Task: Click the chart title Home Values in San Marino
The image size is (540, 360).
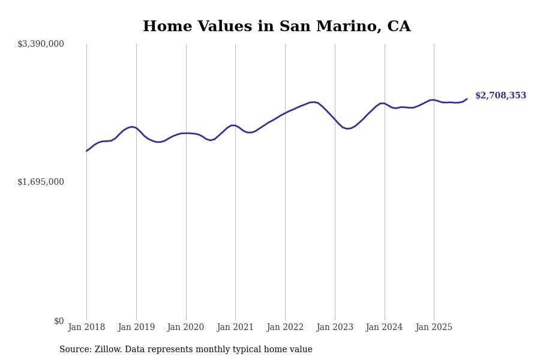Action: coord(277,27)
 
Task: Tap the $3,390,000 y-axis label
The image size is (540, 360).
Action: coord(41,44)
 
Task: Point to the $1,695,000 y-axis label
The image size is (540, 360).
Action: coord(41,182)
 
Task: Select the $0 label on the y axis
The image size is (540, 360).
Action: coord(59,321)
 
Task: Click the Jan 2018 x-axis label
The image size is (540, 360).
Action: coord(86,327)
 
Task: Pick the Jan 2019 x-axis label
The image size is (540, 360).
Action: coord(136,327)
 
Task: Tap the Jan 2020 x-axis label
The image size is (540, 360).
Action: coord(186,327)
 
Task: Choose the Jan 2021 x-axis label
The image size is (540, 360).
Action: coord(235,327)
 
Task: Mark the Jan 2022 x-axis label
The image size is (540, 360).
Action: coord(285,327)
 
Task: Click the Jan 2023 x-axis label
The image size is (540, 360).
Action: coord(335,327)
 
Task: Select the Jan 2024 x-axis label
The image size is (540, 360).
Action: coord(385,327)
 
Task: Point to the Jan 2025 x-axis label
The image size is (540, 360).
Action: coord(434,327)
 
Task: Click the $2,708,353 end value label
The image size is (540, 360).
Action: coord(500,96)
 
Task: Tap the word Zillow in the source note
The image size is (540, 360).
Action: coord(108,349)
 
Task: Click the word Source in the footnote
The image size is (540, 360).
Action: coord(74,349)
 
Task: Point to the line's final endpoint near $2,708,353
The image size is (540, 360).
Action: coord(467,99)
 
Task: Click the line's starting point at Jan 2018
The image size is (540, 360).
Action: coord(86,151)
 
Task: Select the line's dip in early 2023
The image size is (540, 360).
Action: coord(347,128)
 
